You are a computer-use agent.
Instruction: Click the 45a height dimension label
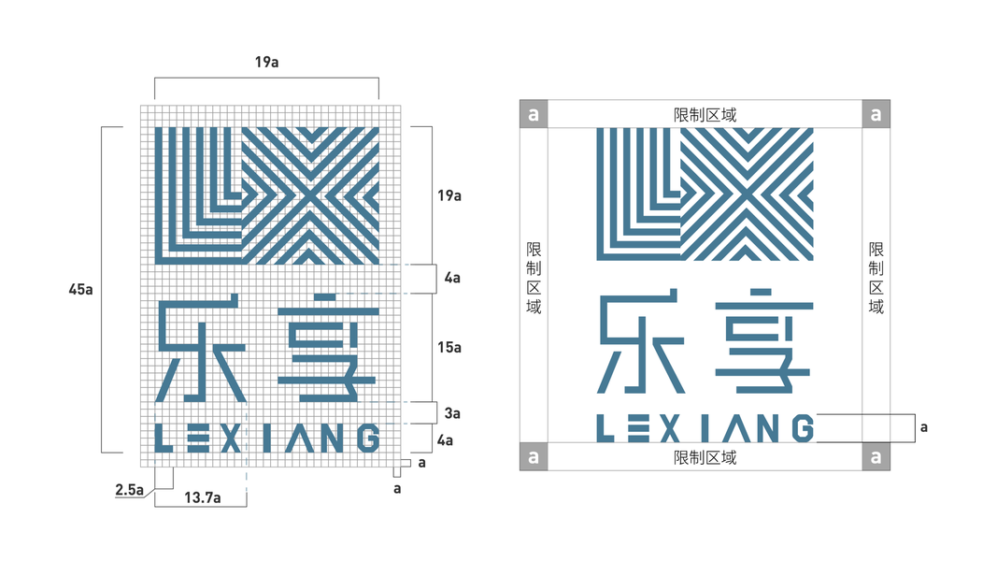point(81,289)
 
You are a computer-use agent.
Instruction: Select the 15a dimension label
point(450,347)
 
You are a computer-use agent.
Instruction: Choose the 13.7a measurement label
point(202,498)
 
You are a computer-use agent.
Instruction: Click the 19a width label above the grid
point(266,63)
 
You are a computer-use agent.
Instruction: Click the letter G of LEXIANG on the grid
point(367,439)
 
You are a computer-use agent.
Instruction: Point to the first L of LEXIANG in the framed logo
point(605,428)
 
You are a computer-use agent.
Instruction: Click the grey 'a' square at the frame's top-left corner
point(534,114)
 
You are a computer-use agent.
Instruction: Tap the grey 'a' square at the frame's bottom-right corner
point(876,457)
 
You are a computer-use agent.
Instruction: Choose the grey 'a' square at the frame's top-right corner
point(876,114)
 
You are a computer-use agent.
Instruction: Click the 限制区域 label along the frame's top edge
point(705,115)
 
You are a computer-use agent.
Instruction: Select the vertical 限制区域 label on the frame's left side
point(534,278)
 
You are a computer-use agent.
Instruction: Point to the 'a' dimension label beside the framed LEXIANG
point(923,426)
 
